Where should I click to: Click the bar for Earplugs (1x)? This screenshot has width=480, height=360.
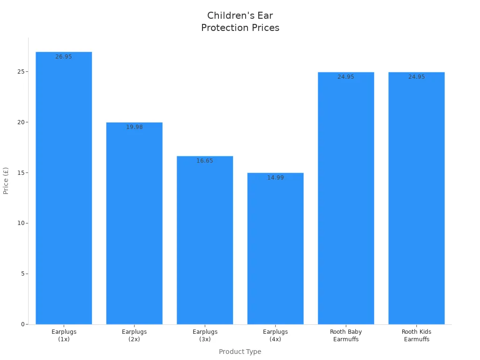(64, 187)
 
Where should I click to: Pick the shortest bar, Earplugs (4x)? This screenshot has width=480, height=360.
(275, 248)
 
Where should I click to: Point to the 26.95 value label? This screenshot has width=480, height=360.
(64, 57)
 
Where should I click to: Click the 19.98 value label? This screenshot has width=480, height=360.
(134, 127)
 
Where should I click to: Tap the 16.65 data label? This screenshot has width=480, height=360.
(205, 161)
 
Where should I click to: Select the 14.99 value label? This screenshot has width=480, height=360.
(275, 178)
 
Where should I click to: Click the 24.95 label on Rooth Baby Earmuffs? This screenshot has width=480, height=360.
(346, 77)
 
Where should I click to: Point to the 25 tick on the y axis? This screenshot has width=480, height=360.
(20, 72)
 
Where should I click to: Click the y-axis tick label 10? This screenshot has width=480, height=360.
(20, 223)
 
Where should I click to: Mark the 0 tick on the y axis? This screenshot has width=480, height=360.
(22, 324)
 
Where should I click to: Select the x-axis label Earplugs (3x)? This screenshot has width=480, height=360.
(205, 335)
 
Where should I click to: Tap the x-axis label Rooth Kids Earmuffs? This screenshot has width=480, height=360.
(416, 335)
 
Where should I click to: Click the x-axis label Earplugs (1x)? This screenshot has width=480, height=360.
(64, 335)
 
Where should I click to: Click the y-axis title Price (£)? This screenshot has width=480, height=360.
(6, 180)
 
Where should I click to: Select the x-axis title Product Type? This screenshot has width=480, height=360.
(240, 352)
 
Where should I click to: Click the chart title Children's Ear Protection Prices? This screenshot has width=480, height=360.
(240, 22)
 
